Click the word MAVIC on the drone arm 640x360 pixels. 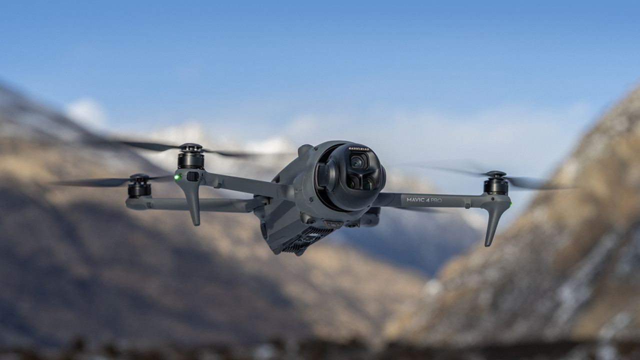(x=415, y=199)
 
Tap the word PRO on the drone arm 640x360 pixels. (x=436, y=200)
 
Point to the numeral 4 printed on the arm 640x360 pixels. (x=427, y=200)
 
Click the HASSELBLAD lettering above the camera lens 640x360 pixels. (x=359, y=149)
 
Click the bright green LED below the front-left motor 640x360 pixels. (x=177, y=177)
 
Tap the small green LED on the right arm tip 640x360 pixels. (x=510, y=204)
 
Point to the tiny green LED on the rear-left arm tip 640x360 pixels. (x=126, y=204)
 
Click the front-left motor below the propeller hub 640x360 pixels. (x=190, y=161)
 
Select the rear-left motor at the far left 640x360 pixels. (x=139, y=189)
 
